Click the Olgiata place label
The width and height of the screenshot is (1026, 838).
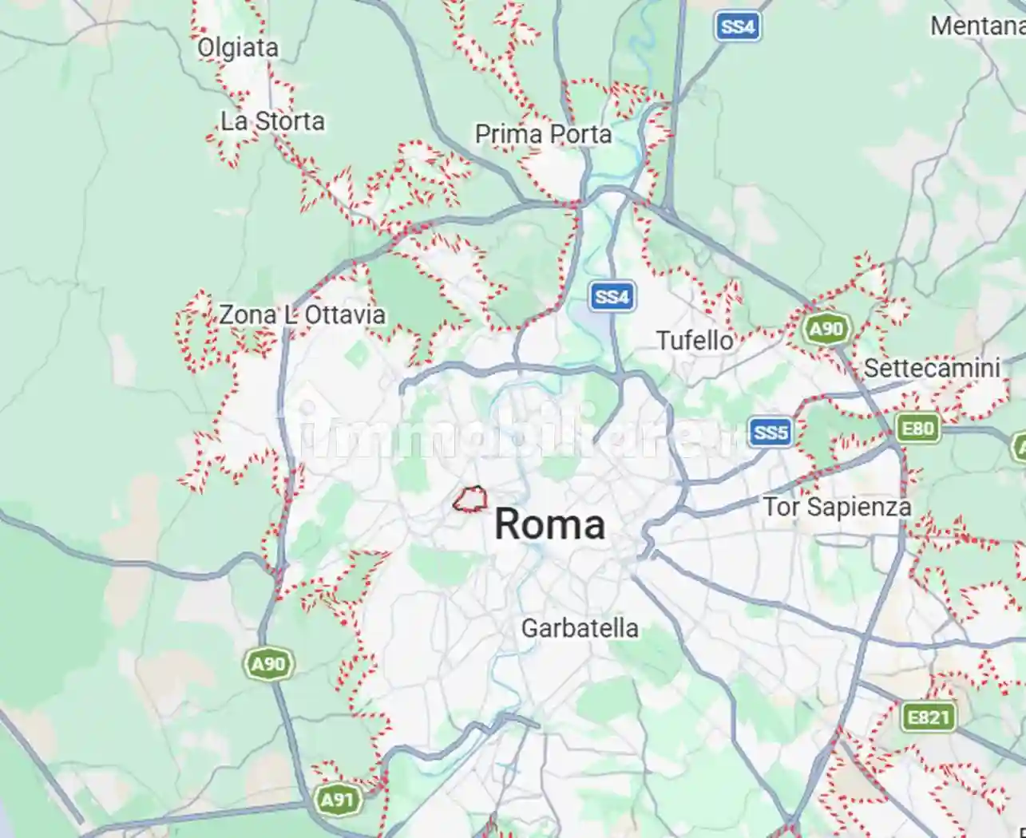tap(238, 48)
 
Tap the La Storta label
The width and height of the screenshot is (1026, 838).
tap(272, 121)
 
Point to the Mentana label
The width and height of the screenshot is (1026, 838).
tap(976, 26)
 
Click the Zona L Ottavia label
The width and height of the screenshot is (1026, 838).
tap(302, 314)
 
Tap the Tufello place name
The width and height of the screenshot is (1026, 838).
tap(695, 341)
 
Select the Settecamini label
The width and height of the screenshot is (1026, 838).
tap(931, 368)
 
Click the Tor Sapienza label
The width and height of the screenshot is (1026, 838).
tap(837, 507)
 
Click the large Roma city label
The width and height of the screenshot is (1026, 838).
tap(549, 524)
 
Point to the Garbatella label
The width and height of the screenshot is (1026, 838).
tap(580, 628)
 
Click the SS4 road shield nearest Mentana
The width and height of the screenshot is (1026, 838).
tap(736, 26)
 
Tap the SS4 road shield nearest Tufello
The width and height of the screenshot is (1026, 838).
tap(612, 297)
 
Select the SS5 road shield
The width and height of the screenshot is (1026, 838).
tap(770, 433)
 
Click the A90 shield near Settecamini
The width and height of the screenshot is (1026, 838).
tap(826, 329)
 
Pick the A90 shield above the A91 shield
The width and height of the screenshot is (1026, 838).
tap(269, 664)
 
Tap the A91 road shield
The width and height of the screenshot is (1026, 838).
tap(337, 799)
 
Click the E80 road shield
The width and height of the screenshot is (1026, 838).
tap(917, 429)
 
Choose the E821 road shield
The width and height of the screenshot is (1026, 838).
tap(929, 717)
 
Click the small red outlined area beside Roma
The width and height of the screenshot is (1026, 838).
tap(470, 500)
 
